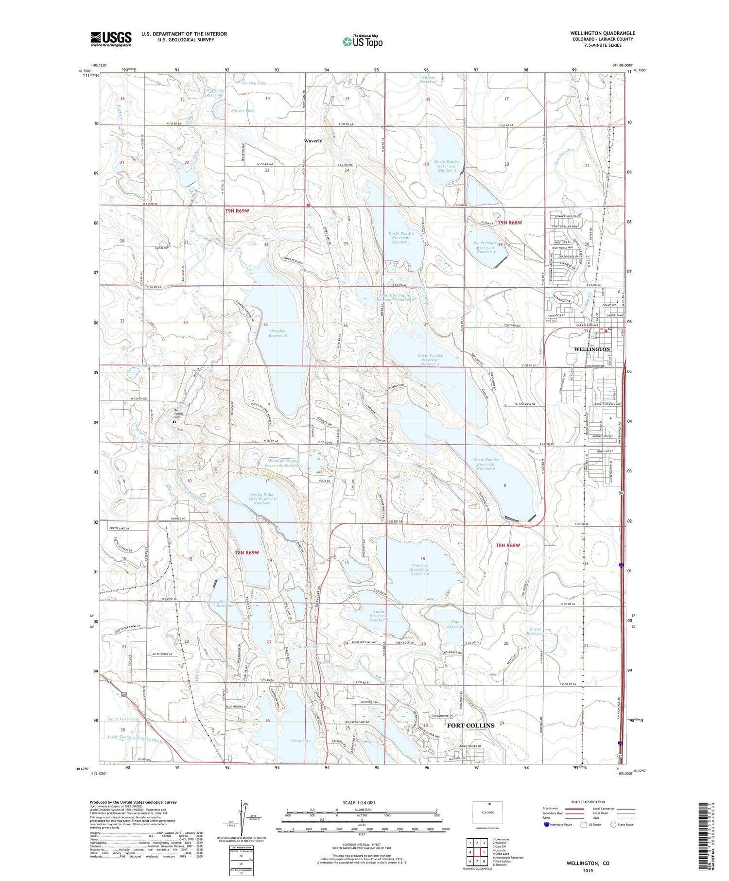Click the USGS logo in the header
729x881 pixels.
[111, 39]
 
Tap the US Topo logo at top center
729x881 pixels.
[362, 41]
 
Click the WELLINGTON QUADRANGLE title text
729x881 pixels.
[603, 33]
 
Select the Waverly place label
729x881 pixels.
[313, 141]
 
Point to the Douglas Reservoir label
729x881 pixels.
[278, 333]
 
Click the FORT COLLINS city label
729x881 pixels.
[470, 726]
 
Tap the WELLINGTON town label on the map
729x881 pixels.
[592, 349]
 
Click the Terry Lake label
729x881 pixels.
[300, 741]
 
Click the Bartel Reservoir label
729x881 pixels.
[535, 631]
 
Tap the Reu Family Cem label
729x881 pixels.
[180, 414]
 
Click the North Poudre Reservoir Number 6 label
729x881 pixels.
[486, 464]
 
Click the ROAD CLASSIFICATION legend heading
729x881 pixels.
[588, 802]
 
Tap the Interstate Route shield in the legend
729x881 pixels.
[547, 825]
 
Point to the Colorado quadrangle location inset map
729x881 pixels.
[487, 812]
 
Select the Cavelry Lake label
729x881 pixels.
[254, 83]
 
